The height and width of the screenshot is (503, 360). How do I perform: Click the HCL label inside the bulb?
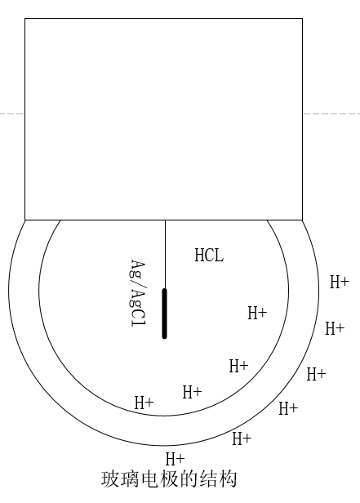tap(209, 256)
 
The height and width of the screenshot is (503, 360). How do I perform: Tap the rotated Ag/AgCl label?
tap(139, 293)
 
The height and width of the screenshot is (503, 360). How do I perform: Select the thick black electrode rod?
tap(164, 314)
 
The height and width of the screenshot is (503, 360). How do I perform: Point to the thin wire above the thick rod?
tap(165, 254)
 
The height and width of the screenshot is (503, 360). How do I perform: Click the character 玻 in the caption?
tap(110, 479)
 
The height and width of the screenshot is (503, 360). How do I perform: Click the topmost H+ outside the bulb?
tap(340, 282)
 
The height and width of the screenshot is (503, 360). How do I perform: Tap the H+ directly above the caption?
tap(175, 459)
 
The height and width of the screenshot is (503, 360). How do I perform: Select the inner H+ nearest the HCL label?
tap(257, 313)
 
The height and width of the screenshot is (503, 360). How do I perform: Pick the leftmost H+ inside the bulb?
tap(144, 403)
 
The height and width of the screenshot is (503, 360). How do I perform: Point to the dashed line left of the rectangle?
tap(12, 114)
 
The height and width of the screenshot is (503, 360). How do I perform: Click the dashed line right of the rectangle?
tap(331, 114)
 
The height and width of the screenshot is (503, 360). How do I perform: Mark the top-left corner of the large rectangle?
tap(25, 19)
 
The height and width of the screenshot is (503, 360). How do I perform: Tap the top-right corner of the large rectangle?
tap(302, 19)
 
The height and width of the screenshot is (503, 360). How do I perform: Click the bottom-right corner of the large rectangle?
tap(302, 220)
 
